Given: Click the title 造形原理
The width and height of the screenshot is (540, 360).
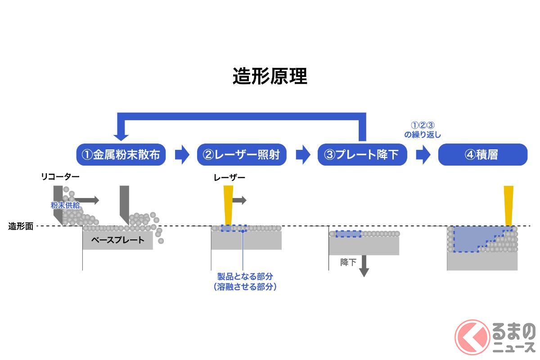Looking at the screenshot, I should (x=270, y=77).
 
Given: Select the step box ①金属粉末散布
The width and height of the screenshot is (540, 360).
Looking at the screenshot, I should (x=121, y=155).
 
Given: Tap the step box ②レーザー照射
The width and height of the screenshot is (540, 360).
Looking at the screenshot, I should (x=242, y=155).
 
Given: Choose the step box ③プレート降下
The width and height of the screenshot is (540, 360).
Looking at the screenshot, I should (x=362, y=155).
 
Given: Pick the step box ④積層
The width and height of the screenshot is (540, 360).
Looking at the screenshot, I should (x=482, y=155).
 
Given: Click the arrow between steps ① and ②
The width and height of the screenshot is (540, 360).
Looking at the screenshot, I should (x=182, y=155).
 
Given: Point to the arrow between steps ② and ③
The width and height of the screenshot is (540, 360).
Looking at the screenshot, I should (x=303, y=155).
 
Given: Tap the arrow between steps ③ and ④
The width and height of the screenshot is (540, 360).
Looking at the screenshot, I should (x=423, y=155).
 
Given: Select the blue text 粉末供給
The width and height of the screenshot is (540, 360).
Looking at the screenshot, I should (x=65, y=205).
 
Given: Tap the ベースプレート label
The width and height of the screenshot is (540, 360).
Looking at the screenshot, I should (x=117, y=240).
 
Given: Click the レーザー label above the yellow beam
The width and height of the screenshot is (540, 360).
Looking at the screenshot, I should (x=229, y=178).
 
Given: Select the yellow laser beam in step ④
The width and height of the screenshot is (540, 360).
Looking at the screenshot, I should (x=508, y=205).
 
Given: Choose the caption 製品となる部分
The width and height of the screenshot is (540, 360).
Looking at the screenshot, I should (x=245, y=276).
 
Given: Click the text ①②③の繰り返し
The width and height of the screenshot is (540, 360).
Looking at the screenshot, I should (x=423, y=130).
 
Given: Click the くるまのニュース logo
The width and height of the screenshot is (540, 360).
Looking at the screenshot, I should (x=495, y=337).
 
